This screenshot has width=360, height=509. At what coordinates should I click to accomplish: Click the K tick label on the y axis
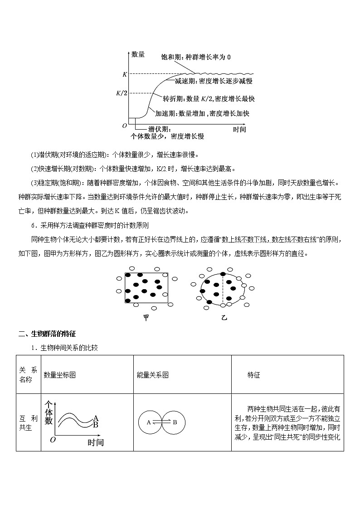(125, 74)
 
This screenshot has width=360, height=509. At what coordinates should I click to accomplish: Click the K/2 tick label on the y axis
(122, 93)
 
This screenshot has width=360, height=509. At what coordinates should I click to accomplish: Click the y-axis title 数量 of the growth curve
(138, 55)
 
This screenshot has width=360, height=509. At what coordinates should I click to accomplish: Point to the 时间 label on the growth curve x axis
(239, 129)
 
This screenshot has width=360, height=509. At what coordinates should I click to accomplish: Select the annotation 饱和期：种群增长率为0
(196, 58)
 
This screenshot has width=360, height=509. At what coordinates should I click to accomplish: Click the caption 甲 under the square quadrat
(146, 318)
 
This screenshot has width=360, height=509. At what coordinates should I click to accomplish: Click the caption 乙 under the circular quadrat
(223, 318)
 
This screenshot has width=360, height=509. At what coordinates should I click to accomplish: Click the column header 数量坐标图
(59, 375)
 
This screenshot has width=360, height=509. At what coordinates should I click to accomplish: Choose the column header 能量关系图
(152, 375)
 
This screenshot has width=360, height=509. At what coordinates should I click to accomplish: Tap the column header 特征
(254, 375)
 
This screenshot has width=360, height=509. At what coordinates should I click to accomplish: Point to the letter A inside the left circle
(148, 422)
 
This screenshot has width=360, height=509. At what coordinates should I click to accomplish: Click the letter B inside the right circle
(175, 422)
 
